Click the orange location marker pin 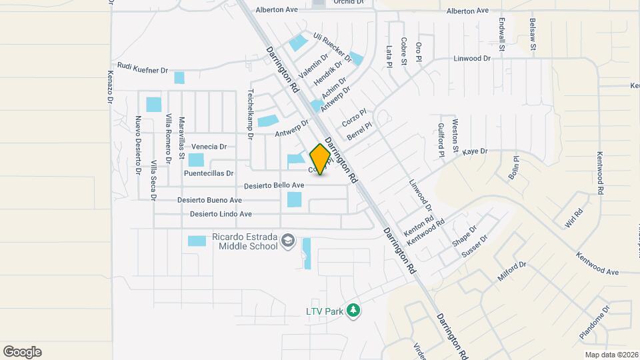click(x=321, y=159)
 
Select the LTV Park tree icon click(x=353, y=311)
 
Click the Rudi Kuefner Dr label click(x=142, y=67)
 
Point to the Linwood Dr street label click(x=472, y=59)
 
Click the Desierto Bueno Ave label click(x=209, y=200)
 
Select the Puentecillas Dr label click(x=209, y=173)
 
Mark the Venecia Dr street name click(x=209, y=147)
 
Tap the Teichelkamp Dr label click(x=251, y=114)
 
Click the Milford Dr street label click(x=512, y=272)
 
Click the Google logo click(x=22, y=352)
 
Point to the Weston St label click(x=455, y=135)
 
